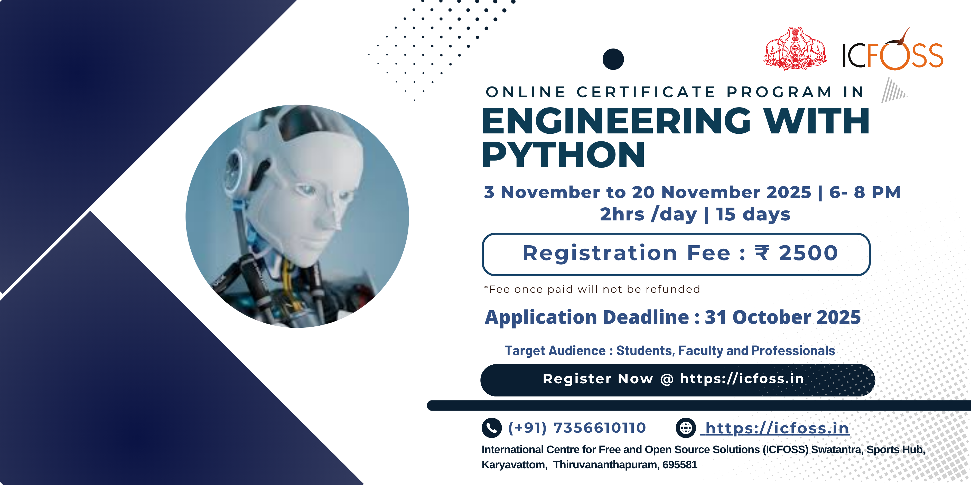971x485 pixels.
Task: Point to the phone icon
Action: pos(491,428)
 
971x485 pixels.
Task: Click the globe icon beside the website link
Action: pos(686,428)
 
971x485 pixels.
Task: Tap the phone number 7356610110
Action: pos(599,428)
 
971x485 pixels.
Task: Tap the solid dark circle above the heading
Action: pos(613,59)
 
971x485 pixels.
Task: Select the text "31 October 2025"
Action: pos(782,317)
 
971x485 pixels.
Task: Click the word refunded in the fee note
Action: pos(673,289)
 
